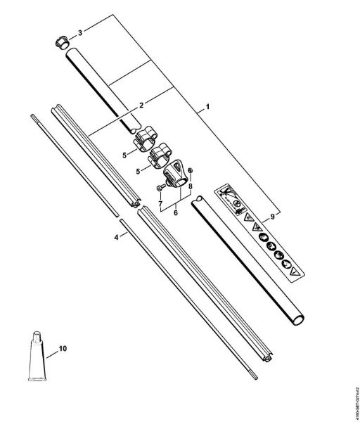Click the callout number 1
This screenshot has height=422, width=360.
coord(207,110)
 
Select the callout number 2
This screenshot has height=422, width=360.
coord(141,105)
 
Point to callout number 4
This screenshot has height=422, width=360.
coord(116,238)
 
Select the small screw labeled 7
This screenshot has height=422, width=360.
coord(160,188)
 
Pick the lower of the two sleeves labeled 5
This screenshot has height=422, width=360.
coord(159,155)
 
